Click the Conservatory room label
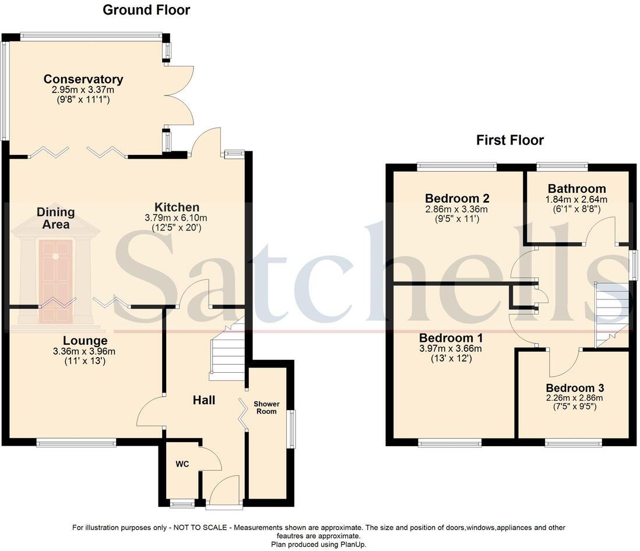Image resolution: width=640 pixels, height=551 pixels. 83,79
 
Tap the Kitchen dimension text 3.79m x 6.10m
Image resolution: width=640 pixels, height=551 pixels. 176,218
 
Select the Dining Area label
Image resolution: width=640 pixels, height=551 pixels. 56,218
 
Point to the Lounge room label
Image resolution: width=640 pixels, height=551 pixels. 85,341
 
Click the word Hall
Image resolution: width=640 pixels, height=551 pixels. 203,400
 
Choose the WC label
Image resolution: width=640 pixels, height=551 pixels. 182,464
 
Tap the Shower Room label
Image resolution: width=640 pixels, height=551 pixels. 266,408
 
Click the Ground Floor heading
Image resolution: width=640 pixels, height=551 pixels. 146,10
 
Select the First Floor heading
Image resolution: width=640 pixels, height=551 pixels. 510,140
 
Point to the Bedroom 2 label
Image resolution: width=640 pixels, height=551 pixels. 457,199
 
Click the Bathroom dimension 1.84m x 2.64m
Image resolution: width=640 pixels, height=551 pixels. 576,200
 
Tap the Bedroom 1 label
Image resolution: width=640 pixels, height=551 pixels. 451,338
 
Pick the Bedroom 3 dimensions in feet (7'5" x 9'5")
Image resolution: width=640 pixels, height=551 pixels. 575,407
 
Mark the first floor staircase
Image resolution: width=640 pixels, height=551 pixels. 611,315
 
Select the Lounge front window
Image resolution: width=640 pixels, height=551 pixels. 76,443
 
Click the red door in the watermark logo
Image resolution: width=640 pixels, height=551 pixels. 56,281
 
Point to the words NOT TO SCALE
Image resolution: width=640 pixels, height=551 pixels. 200,528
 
